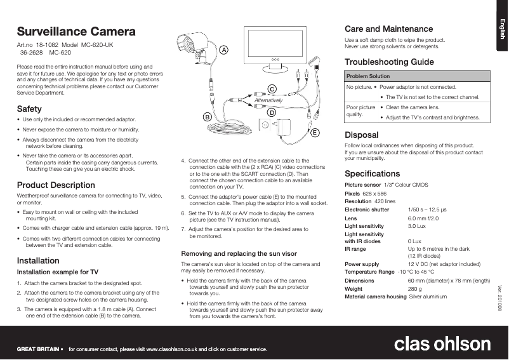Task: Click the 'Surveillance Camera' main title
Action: [76, 32]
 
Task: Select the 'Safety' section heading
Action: [29, 109]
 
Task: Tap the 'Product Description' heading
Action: [56, 185]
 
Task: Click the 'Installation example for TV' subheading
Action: [57, 272]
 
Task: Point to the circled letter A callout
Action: [225, 50]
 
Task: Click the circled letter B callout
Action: [207, 117]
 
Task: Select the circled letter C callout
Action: [272, 89]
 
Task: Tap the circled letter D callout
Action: [271, 112]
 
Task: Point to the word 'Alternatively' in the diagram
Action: [267, 101]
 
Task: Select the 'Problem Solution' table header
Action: [368, 76]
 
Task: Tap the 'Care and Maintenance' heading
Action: [388, 29]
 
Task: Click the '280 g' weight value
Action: [416, 289]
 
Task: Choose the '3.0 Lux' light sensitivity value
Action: [416, 226]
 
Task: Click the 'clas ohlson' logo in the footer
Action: [442, 344]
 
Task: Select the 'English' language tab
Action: [501, 29]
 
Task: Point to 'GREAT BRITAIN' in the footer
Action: [38, 349]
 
